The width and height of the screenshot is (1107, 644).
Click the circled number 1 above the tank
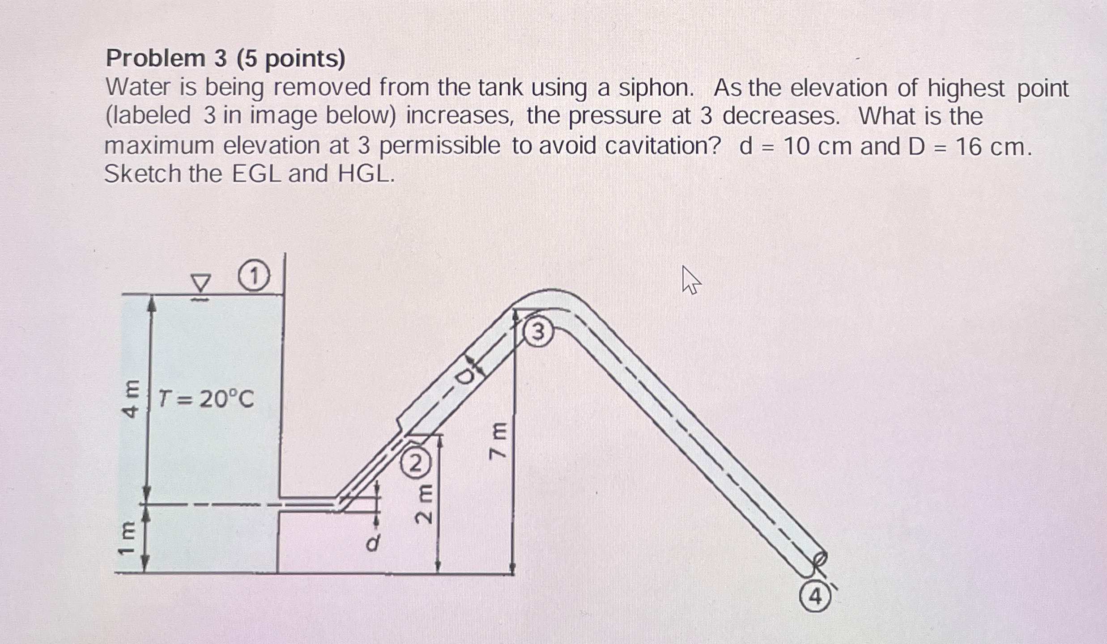point(254,277)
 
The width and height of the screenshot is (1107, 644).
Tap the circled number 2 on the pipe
point(416,465)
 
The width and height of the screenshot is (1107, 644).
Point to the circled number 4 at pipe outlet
point(816,597)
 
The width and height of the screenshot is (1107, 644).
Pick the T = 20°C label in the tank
point(206,399)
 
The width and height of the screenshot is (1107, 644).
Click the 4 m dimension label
point(131,399)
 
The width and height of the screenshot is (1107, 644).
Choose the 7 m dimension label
point(498,441)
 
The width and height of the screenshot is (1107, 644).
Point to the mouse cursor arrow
point(690,280)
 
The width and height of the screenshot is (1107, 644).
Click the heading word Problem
point(155,59)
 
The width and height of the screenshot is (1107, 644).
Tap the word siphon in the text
point(656,88)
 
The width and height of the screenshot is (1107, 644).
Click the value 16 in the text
point(969,146)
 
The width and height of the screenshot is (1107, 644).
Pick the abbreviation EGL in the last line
point(257,174)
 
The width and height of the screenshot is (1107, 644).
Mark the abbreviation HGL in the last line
point(366,174)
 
